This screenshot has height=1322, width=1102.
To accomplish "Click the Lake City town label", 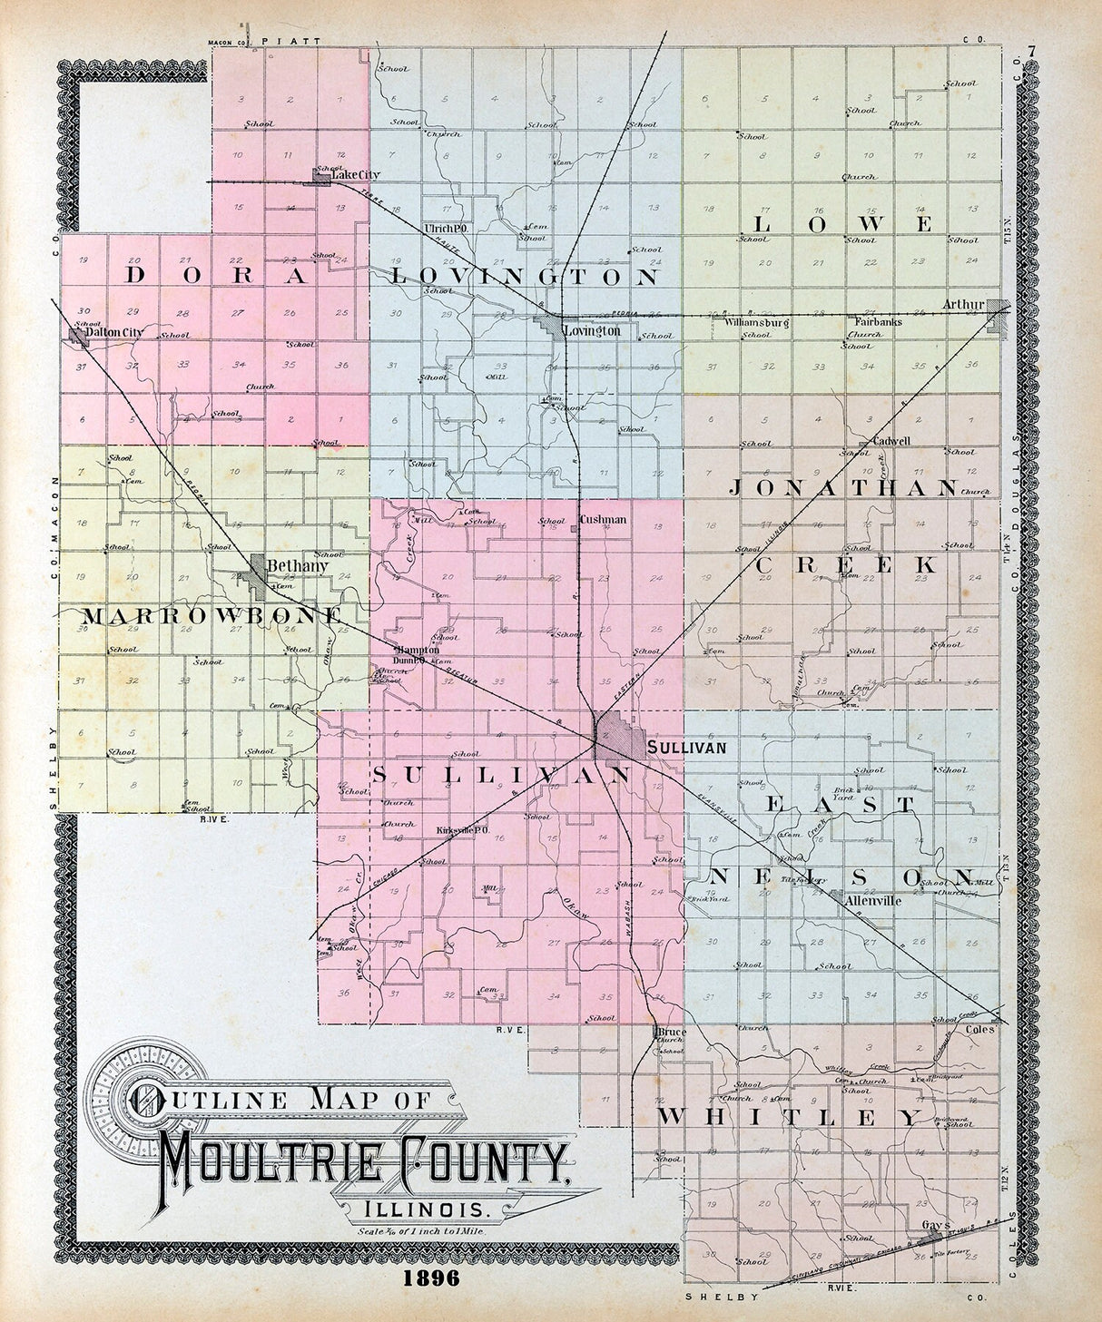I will pos(358,174).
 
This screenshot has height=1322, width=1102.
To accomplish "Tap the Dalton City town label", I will pos(114,333).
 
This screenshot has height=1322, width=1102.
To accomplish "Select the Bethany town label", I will pos(297,565).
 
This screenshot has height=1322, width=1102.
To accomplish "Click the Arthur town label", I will pos(962,304).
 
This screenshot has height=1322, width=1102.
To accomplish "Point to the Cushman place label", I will pos(603,520).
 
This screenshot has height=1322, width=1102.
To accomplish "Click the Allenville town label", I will pos(872,901).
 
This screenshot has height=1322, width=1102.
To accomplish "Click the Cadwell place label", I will pos(890,441).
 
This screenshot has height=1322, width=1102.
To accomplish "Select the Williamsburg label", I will pos(756,322).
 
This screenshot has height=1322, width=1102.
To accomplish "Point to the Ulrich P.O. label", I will pos(445,228).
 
